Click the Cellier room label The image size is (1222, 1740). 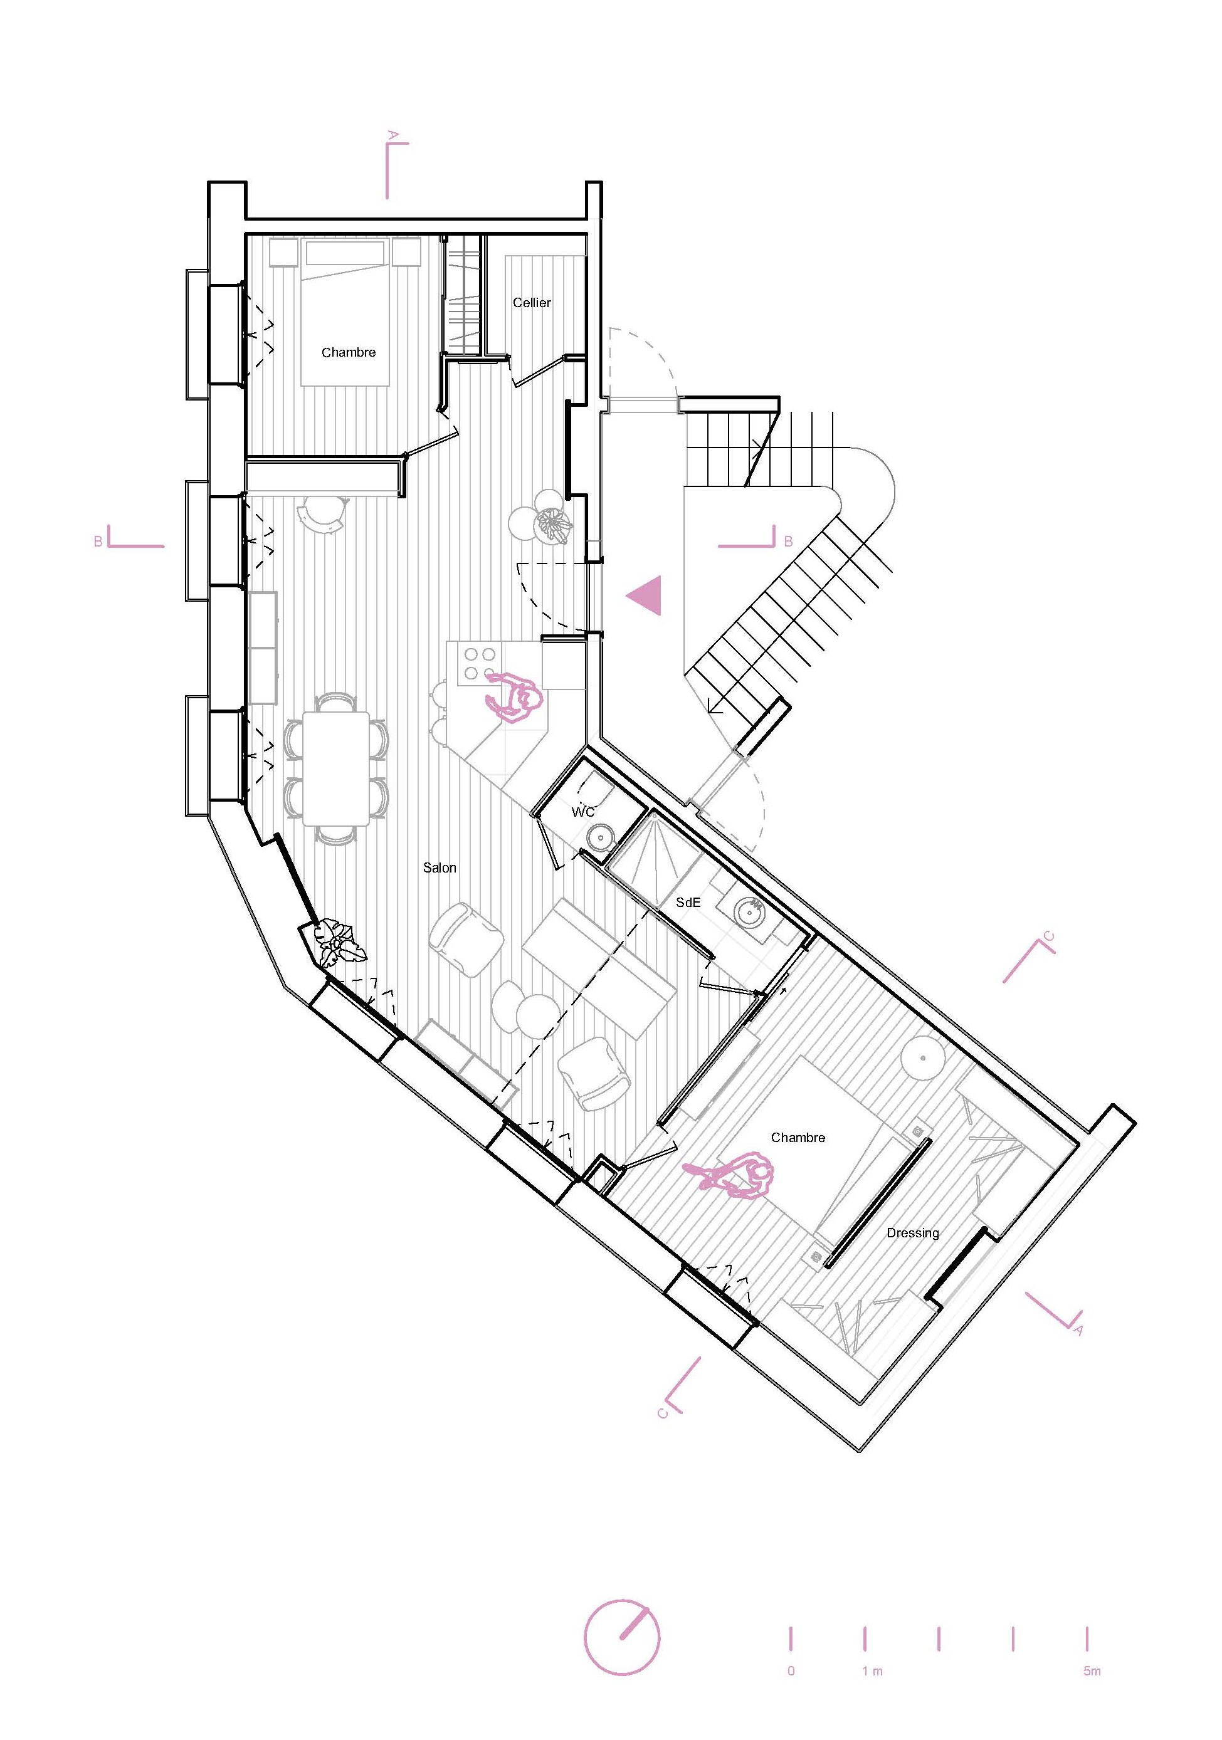pyautogui.click(x=532, y=302)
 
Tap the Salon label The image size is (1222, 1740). pyautogui.click(x=440, y=867)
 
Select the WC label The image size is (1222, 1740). pyautogui.click(x=583, y=812)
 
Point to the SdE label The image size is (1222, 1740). pyautogui.click(x=688, y=902)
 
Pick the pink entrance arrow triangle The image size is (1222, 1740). pyautogui.click(x=646, y=595)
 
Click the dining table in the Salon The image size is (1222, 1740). pyautogui.click(x=336, y=768)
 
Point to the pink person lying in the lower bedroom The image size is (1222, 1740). pyautogui.click(x=732, y=1175)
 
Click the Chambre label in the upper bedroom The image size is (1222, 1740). pyautogui.click(x=349, y=352)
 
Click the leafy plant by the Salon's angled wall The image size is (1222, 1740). pyautogui.click(x=337, y=943)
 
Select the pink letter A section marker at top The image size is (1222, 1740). pyautogui.click(x=392, y=135)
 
